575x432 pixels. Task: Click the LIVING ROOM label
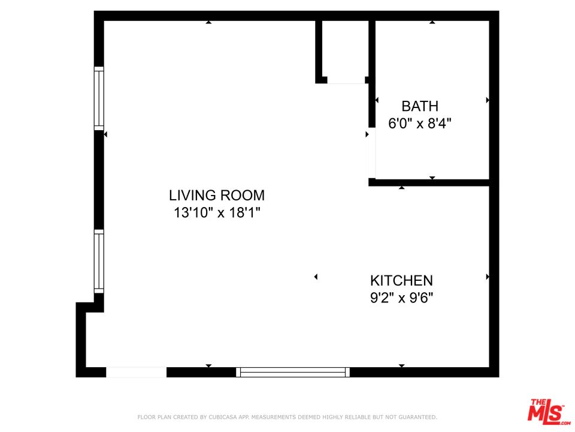tap(216, 195)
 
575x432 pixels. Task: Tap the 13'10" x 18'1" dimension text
tap(216, 212)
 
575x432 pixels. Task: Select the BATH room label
tap(419, 106)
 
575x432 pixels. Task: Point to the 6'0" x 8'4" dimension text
tap(419, 124)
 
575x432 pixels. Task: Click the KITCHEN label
tap(401, 280)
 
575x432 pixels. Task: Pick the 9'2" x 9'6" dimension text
tap(401, 298)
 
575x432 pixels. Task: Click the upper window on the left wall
tap(99, 98)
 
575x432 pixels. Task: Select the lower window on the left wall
tap(99, 261)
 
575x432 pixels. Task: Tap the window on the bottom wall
tap(293, 372)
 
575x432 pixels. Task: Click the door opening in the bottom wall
tap(136, 372)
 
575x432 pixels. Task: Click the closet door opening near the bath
tap(346, 80)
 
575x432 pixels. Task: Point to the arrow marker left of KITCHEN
tap(316, 277)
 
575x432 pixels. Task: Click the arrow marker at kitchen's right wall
tap(488, 277)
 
